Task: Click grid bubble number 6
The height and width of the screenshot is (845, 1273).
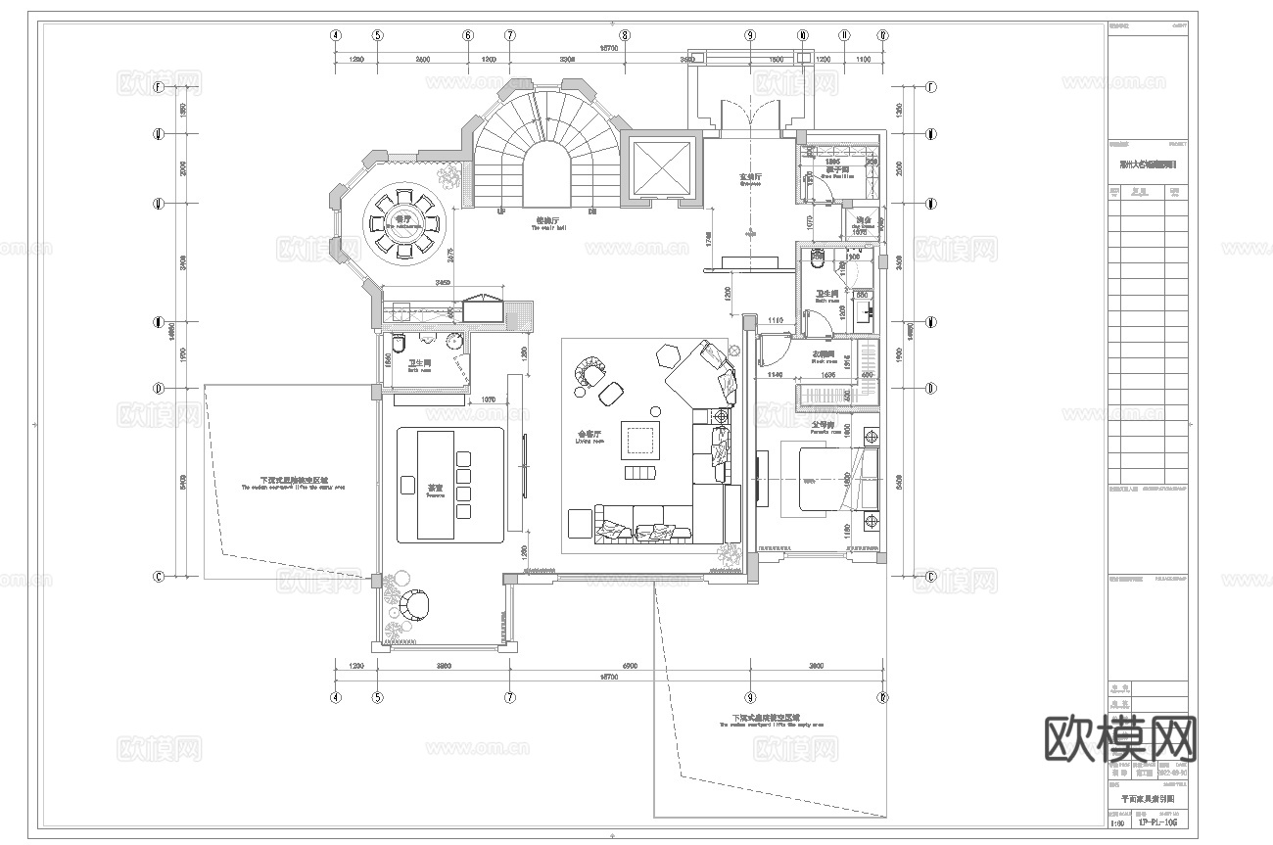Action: (x=468, y=35)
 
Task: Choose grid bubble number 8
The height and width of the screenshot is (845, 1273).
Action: (x=625, y=35)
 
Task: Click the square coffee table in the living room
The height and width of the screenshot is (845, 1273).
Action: (x=641, y=440)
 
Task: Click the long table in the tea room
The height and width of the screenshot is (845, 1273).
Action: (x=436, y=484)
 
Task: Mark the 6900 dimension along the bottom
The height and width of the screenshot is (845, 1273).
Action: (x=630, y=666)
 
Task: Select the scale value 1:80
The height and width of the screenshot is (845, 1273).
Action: (x=1117, y=823)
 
